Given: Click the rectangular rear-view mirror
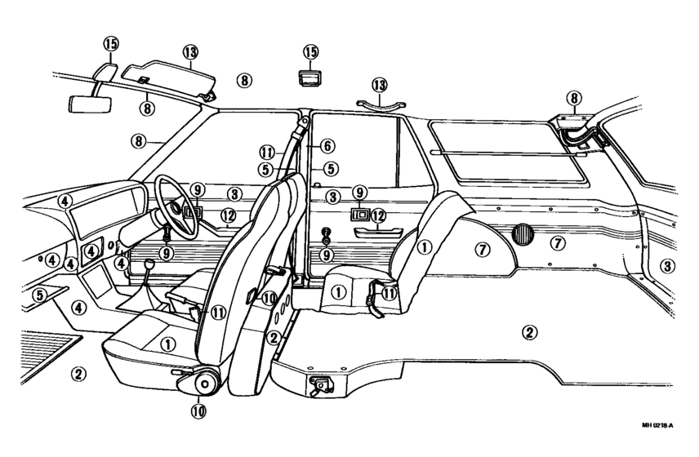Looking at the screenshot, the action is point(90,104).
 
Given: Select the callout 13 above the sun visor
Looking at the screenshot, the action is point(190,52).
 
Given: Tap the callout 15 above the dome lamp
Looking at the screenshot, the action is point(311,51).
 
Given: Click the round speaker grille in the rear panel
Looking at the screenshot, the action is point(523,234).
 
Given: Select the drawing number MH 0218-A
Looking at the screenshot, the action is point(657,425).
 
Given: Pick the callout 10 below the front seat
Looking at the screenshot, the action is point(198,411).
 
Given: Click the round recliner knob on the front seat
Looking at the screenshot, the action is point(205,383).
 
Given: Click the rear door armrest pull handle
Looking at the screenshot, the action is point(378,233).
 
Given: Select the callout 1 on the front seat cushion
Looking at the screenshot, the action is point(167,344).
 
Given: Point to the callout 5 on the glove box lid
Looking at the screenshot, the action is point(40,295).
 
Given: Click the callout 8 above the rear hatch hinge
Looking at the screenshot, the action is point(574,98).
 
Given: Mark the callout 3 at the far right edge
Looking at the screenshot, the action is point(667,266).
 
